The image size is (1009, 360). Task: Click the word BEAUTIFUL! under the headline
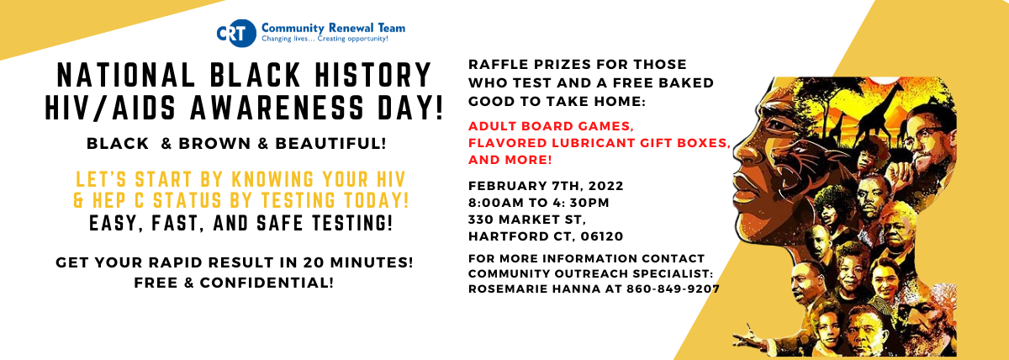(330, 144)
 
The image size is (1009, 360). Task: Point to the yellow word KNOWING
(272, 179)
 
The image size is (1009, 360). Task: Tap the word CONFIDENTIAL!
(267, 283)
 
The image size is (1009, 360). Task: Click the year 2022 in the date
(605, 186)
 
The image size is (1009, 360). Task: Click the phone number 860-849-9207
(673, 289)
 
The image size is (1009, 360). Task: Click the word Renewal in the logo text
(351, 29)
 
